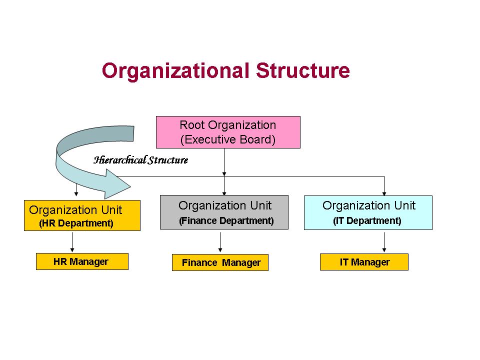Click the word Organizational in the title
(175, 71)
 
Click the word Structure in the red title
(302, 71)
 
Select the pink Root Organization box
(228, 132)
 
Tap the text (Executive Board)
(228, 139)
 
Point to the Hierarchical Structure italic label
(141, 160)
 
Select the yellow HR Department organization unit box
(82, 215)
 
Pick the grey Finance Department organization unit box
(224, 212)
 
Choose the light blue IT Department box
(368, 212)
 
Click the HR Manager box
(82, 261)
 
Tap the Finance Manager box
(220, 262)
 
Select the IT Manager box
(364, 262)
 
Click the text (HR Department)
(76, 223)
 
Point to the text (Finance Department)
(226, 220)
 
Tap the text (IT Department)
(367, 220)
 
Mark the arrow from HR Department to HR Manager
(73, 242)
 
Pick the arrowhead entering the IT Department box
(384, 192)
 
